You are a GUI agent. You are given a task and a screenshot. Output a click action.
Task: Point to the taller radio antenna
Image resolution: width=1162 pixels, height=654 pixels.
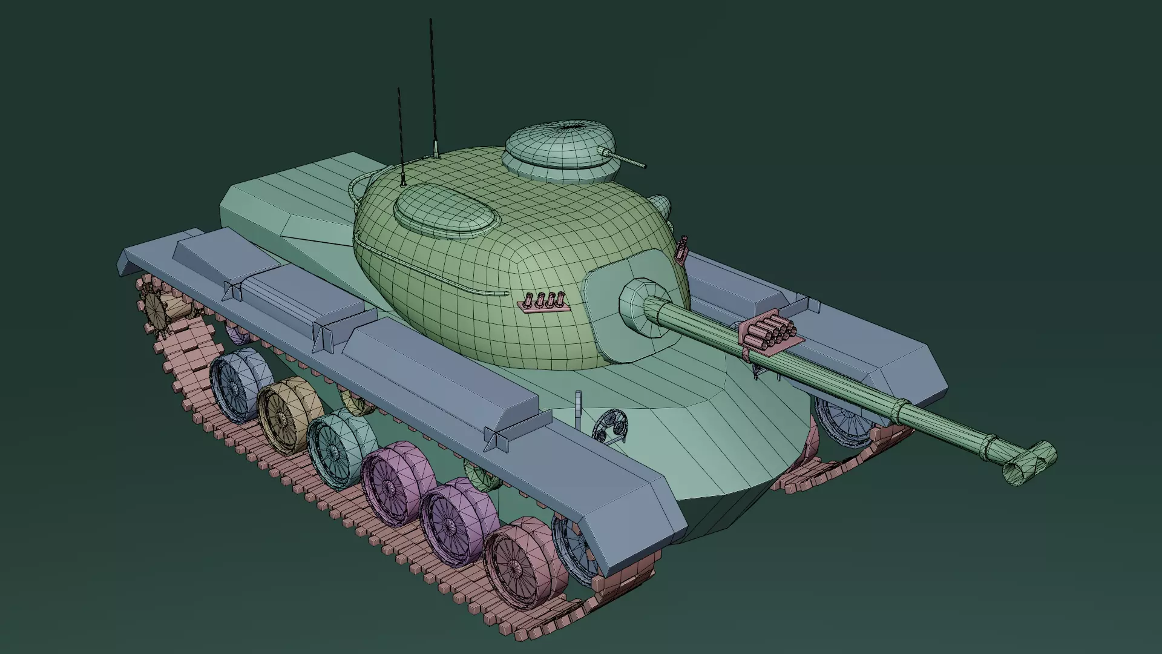pyautogui.click(x=433, y=85)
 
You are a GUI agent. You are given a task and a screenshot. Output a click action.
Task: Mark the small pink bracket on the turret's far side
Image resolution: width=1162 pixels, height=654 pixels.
pyautogui.click(x=683, y=250)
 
